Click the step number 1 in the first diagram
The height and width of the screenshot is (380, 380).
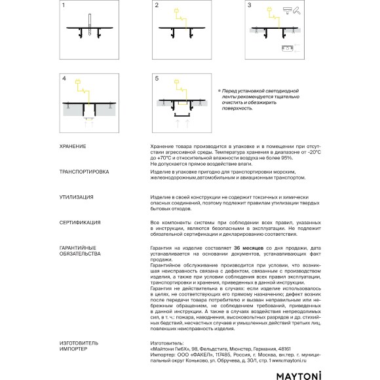[64, 5]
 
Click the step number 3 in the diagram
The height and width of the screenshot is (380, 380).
[250, 5]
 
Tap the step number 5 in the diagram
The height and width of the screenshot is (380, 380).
[157, 79]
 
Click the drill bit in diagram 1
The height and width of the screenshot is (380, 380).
[90, 24]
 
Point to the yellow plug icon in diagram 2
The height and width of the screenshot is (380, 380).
[176, 11]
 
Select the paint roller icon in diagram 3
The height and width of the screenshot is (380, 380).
[297, 10]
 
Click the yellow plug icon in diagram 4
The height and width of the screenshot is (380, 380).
[78, 82]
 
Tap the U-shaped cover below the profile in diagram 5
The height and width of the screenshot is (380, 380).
[182, 115]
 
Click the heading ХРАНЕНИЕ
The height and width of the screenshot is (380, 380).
[73, 146]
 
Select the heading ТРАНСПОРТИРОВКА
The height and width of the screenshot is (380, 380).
[84, 172]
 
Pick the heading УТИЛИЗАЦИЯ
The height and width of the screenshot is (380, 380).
[77, 197]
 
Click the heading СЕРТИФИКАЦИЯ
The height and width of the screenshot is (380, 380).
[80, 223]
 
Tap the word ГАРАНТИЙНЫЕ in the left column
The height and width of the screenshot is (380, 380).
[78, 248]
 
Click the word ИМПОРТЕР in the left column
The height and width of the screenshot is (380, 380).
[73, 349]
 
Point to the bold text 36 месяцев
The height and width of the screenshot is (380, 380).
[249, 248]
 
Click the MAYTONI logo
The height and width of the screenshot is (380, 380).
[299, 375]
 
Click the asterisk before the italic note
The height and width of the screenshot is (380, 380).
[219, 90]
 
